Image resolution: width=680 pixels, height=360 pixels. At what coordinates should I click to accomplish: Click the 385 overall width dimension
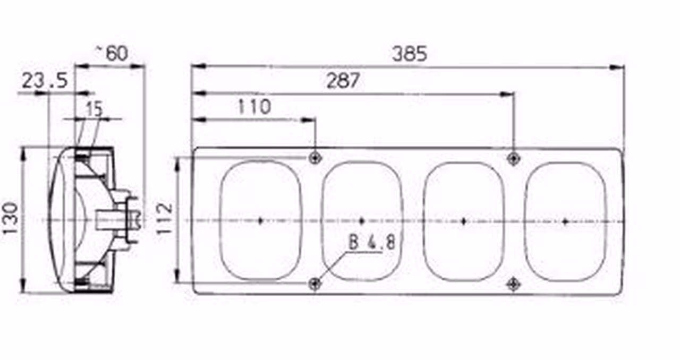410,54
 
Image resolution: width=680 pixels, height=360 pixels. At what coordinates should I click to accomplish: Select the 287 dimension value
343,81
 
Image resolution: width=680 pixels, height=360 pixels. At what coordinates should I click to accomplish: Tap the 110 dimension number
254,107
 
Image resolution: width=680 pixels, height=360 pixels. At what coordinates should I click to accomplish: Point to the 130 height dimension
10,219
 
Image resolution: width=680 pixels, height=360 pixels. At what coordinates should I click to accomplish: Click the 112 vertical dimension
164,219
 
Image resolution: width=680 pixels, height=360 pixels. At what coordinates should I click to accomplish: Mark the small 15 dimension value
95,109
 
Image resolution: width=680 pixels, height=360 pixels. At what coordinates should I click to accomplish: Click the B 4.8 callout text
372,243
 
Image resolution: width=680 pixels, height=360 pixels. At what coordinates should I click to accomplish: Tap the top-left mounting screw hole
315,158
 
